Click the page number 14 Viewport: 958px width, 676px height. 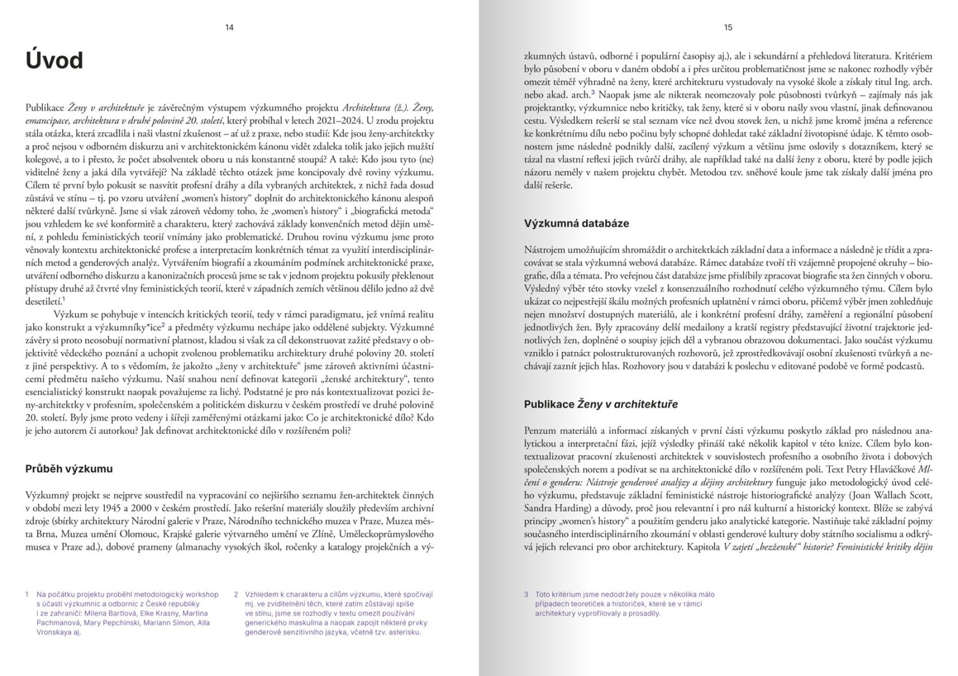[229, 27]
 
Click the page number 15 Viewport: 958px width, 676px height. [728, 27]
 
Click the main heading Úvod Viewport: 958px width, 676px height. [54, 61]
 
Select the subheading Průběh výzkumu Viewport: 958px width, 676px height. [69, 469]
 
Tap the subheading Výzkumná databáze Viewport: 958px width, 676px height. [576, 224]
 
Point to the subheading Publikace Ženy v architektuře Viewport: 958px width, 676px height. [601, 404]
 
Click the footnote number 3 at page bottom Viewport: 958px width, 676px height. [526, 595]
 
